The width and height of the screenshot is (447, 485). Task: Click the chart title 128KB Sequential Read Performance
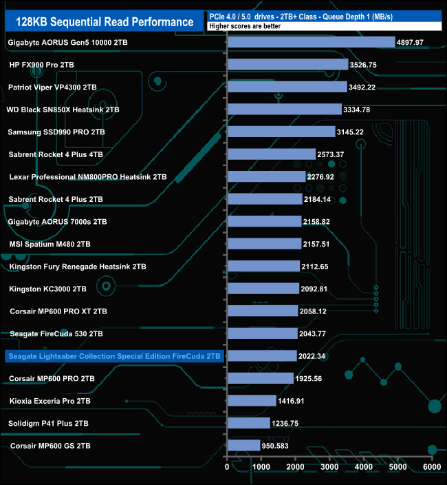[x=105, y=21]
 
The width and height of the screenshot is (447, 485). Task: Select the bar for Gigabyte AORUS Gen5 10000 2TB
[x=311, y=42]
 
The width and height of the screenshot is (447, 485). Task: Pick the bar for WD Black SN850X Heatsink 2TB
[x=284, y=110]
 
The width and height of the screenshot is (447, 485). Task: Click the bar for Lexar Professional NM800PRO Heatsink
[x=266, y=176]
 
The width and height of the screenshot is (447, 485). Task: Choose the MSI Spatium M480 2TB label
[x=50, y=244]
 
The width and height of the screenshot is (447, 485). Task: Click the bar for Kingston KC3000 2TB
[x=263, y=289]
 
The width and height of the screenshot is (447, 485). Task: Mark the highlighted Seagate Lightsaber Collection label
[x=114, y=356]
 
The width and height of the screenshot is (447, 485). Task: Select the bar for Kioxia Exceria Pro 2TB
[x=251, y=401]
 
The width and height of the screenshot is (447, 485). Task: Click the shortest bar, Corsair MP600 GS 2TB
[x=243, y=446]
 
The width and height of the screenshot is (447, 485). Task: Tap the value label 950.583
[x=279, y=446]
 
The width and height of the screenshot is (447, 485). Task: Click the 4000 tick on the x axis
[x=362, y=467]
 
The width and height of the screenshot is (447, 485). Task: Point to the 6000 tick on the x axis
[x=430, y=467]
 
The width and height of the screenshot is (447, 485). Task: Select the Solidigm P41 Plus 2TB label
[x=50, y=424]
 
